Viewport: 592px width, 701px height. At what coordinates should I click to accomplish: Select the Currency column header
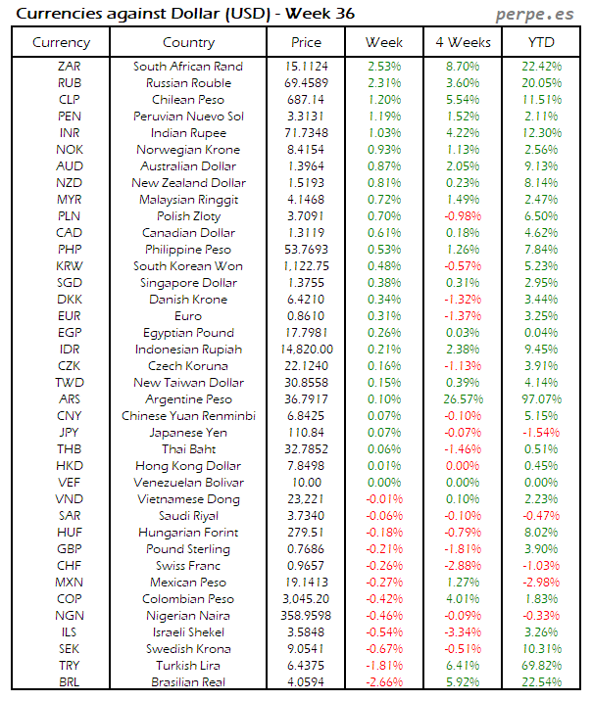(61, 42)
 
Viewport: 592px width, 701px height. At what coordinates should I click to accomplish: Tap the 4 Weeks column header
(462, 42)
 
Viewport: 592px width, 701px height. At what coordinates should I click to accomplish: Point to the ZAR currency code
(70, 66)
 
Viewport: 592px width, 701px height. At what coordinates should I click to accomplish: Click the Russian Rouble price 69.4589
(306, 82)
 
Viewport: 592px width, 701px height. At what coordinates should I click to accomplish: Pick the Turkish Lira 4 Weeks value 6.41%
(463, 666)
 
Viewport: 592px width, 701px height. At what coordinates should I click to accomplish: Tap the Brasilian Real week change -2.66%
(383, 682)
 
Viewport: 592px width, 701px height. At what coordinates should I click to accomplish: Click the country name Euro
(188, 316)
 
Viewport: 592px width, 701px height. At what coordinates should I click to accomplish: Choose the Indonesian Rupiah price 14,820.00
(306, 350)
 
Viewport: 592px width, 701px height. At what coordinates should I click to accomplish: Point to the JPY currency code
(70, 433)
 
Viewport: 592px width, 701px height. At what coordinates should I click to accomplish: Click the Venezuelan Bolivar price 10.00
(306, 483)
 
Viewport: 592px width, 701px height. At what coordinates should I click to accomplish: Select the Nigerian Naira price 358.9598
(306, 616)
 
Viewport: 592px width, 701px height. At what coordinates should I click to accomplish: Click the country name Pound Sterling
(188, 549)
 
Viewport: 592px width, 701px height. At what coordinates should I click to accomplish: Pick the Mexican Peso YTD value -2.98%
(541, 583)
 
